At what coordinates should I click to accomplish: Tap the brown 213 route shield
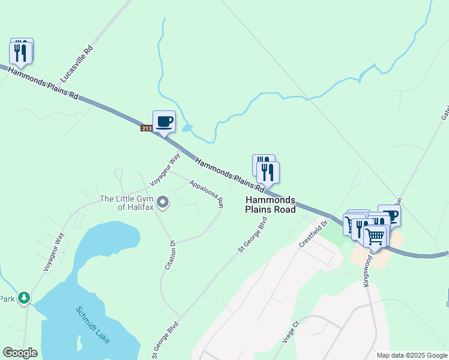coord(147,128)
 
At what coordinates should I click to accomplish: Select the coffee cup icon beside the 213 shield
coord(164,122)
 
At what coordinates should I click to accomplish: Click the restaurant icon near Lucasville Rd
coord(21,52)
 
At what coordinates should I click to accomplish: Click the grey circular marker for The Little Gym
coord(163,202)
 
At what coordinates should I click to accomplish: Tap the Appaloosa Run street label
coord(206,193)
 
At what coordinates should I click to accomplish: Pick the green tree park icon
coord(24,298)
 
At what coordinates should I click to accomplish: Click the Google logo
coord(20,353)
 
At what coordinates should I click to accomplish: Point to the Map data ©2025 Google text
coord(411,355)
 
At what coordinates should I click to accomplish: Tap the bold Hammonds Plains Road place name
coord(270,205)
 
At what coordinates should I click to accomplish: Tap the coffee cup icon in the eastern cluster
coord(390,215)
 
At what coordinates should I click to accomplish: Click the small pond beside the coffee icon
coord(187,128)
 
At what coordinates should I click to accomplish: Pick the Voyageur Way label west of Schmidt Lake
coord(53,253)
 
